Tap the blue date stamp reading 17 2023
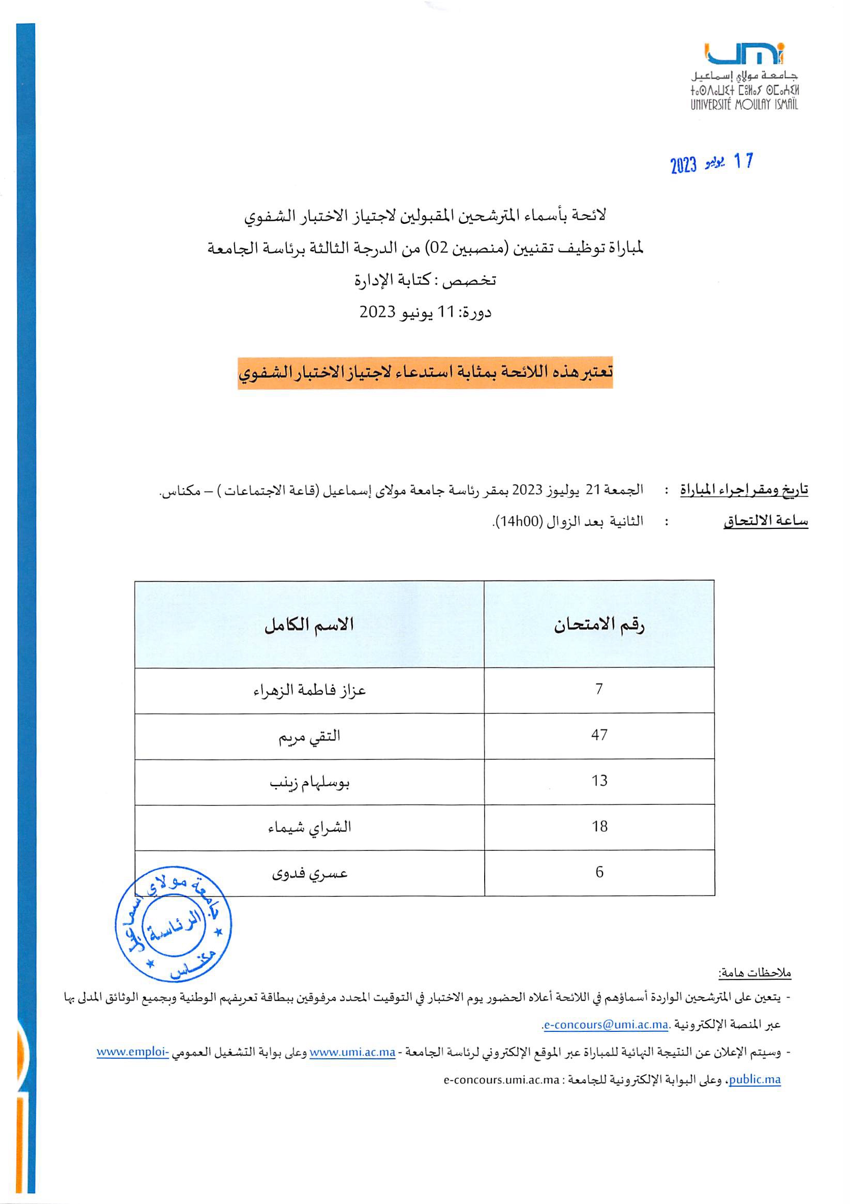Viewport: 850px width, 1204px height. tap(711, 163)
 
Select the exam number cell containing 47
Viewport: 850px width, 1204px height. tap(599, 735)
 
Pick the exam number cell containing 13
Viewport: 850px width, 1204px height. tap(599, 781)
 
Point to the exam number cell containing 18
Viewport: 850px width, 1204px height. tap(599, 827)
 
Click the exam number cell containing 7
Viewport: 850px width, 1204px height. tap(599, 689)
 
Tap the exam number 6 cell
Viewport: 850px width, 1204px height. tap(599, 872)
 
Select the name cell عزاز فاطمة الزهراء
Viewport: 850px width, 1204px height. tap(309, 690)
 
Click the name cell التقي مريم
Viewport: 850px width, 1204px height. tap(309, 736)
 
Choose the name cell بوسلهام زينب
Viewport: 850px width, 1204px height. tap(309, 782)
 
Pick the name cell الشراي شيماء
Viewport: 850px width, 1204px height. tap(309, 828)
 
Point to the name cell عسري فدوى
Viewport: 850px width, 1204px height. tap(309, 873)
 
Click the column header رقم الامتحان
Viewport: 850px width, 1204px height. tap(599, 624)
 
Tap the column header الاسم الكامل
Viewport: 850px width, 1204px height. tap(309, 624)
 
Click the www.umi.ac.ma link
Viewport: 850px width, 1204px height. tap(352, 1052)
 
